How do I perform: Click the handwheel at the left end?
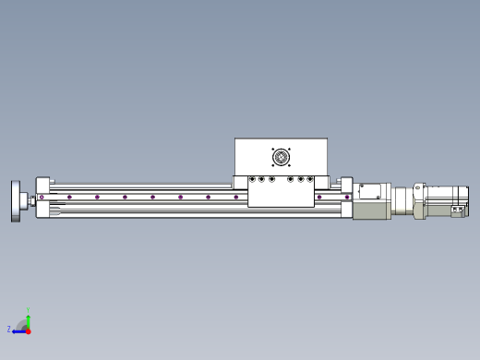18,200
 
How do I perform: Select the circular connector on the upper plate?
282,157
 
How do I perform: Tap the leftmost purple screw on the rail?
42,197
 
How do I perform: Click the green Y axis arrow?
28,317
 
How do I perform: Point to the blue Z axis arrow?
18,330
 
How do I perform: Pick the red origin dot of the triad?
28,330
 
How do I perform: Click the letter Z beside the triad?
9,329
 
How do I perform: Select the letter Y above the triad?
28,309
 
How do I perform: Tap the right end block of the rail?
346,198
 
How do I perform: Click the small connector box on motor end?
457,211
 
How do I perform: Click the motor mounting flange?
419,200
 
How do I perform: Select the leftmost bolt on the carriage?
252,179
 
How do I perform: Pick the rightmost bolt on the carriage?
310,179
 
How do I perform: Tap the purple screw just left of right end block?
319,197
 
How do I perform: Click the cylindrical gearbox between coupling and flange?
402,201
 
